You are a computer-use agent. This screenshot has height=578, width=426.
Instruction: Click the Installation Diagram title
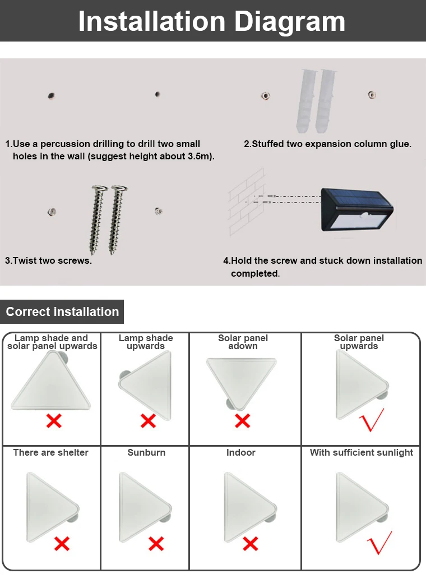pyautogui.click(x=212, y=21)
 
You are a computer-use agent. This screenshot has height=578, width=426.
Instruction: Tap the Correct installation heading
pyautogui.click(x=62, y=312)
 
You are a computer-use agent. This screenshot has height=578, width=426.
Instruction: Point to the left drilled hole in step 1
pyautogui.click(x=51, y=96)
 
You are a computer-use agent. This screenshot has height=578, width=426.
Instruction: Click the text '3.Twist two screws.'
pyautogui.click(x=48, y=260)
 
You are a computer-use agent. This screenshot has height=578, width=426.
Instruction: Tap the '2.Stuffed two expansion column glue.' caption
pyautogui.click(x=327, y=144)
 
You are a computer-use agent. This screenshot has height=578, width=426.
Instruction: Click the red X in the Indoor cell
pyautogui.click(x=250, y=543)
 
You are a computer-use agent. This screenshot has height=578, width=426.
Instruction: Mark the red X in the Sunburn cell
pyautogui.click(x=156, y=543)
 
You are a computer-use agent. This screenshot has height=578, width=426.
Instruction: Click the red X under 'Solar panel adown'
pyautogui.click(x=242, y=420)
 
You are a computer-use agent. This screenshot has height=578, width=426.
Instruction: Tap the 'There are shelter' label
pyautogui.click(x=51, y=452)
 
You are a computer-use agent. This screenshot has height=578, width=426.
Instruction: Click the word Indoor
pyautogui.click(x=241, y=452)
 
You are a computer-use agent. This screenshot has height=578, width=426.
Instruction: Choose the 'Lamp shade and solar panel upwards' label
pyautogui.click(x=52, y=342)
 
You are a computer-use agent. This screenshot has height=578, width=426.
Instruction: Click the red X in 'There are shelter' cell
pyautogui.click(x=62, y=543)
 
